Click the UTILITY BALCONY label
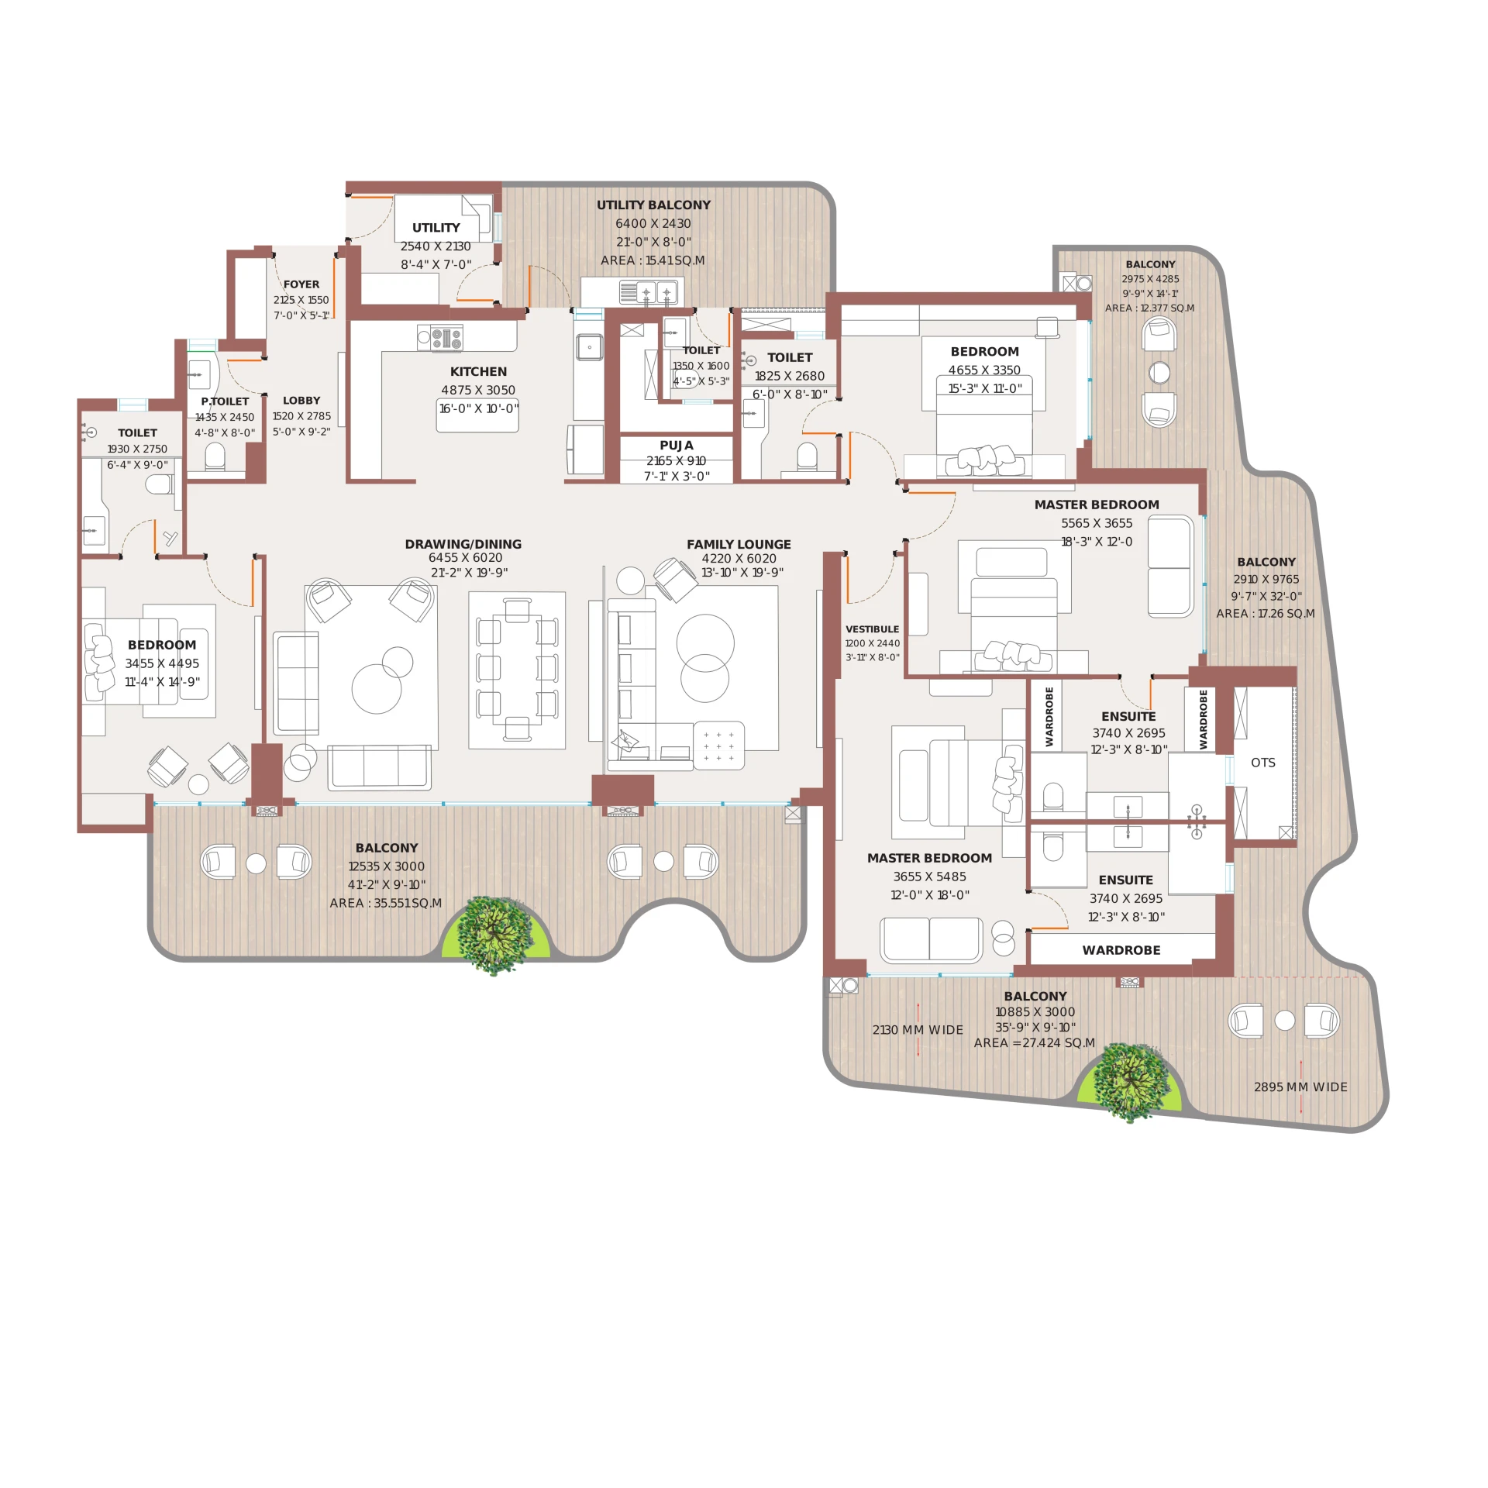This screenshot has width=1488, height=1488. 653,205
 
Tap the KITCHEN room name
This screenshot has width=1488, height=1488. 478,372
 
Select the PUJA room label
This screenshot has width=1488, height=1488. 677,446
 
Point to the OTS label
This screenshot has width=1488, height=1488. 1262,763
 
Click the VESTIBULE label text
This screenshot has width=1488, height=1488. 872,629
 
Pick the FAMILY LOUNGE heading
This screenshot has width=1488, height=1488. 739,544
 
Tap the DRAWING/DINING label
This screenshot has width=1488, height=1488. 463,544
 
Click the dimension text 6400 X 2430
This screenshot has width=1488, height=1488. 653,223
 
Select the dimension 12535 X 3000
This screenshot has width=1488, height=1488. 386,866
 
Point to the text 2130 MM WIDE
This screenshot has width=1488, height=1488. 918,1030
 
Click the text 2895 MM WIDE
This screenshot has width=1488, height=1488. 1300,1087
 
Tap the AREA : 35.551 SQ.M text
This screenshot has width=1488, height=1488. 385,904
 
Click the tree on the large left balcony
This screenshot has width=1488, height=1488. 495,935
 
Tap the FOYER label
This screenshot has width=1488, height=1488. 301,284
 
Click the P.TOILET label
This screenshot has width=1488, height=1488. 225,401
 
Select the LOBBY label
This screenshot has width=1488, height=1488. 301,401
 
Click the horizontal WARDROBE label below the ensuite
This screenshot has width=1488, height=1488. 1121,950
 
